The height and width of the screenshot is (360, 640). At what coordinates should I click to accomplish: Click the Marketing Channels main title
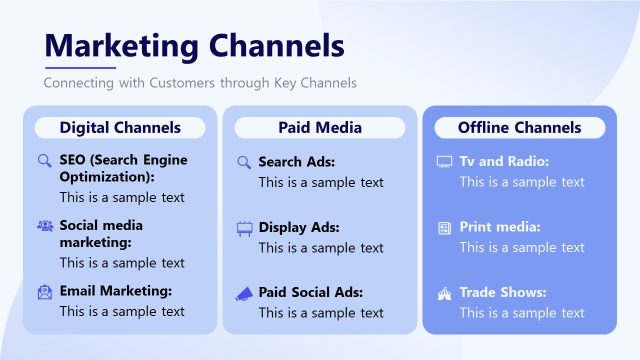click(195, 45)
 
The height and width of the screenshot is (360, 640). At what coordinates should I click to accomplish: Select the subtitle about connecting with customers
click(200, 82)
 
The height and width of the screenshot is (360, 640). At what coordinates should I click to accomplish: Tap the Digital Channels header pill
click(120, 128)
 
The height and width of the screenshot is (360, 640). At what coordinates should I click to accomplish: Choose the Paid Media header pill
click(320, 128)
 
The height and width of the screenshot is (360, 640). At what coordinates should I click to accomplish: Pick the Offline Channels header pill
click(519, 128)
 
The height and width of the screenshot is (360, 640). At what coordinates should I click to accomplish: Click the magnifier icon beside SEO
click(44, 160)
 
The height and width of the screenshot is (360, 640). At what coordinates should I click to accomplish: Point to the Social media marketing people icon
click(44, 226)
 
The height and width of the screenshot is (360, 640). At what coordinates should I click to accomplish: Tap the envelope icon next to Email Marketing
click(44, 292)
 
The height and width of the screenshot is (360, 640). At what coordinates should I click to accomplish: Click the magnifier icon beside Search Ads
click(244, 162)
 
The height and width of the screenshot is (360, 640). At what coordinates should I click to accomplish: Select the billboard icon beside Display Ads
click(244, 227)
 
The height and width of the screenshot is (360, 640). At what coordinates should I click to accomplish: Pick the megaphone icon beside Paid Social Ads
click(244, 293)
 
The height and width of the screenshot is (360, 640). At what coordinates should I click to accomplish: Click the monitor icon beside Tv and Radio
click(444, 162)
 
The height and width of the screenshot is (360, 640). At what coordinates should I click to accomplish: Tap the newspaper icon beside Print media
click(444, 228)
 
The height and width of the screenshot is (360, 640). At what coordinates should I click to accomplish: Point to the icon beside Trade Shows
click(444, 293)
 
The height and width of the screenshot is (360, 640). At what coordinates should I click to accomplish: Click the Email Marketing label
click(116, 291)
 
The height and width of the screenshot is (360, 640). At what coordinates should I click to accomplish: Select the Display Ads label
click(297, 227)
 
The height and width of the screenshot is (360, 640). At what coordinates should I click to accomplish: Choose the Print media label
click(500, 227)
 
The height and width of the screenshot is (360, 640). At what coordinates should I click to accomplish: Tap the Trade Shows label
click(503, 293)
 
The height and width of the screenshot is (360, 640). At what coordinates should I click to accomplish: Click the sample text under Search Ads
click(321, 182)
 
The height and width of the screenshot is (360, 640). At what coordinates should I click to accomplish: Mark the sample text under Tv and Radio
click(522, 182)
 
